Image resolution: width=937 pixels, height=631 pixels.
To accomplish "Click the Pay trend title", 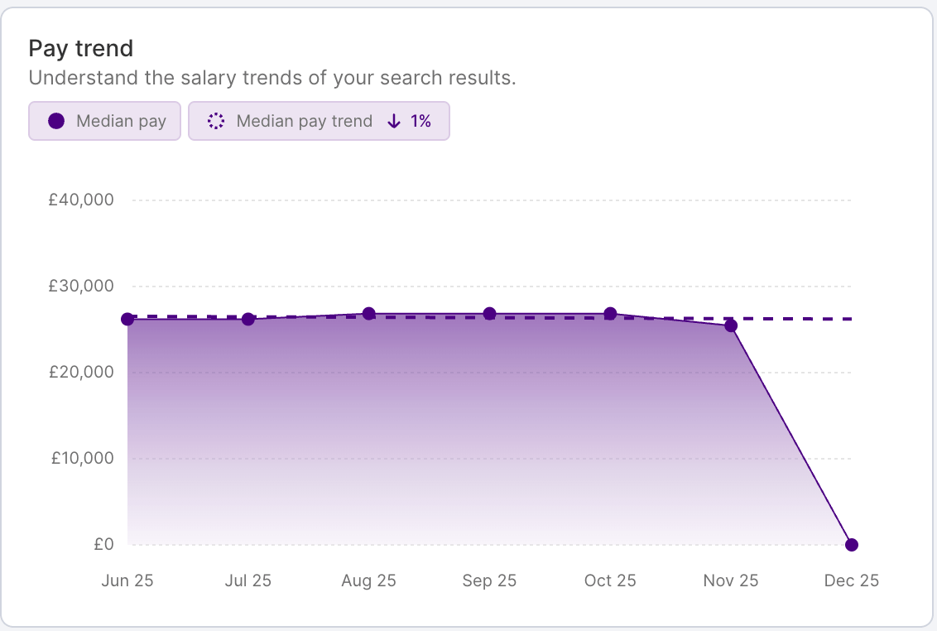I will (80, 48).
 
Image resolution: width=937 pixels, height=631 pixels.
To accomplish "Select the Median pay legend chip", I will (104, 121).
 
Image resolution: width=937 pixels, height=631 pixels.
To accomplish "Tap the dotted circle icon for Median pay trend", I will (216, 121).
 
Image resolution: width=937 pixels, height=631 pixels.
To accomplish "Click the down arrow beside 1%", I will (394, 121).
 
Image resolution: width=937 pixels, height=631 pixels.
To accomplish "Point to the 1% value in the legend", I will (420, 121).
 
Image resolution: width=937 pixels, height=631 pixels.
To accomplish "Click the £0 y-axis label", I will (103, 544).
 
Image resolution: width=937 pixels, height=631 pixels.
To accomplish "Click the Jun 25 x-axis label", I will (127, 580).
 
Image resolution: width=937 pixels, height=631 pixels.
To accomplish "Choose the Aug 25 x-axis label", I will (368, 580).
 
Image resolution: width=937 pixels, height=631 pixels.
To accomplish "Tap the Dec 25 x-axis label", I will (851, 580).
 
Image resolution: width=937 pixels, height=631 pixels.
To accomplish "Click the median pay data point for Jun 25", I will (127, 319).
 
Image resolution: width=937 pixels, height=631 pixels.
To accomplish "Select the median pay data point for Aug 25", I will (369, 314).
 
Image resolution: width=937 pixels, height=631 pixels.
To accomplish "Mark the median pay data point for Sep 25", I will (489, 314).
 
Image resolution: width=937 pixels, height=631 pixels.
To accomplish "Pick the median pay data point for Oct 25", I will (610, 314).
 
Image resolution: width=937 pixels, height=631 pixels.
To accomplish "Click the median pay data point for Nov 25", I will (731, 325).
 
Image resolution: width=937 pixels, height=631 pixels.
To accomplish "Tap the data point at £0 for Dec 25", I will (852, 545).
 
